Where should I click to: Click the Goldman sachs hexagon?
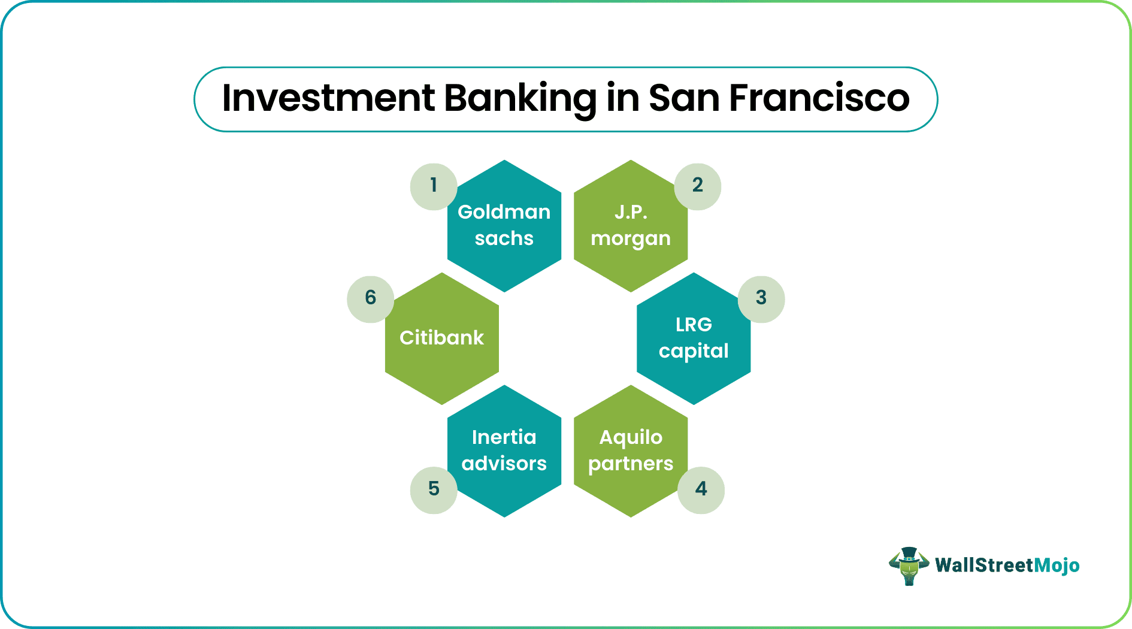click(x=504, y=226)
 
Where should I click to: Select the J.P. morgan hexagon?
click(x=631, y=226)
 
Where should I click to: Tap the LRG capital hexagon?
click(x=694, y=338)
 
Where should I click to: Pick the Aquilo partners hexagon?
click(x=631, y=451)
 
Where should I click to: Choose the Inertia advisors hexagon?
click(x=504, y=451)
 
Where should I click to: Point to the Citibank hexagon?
click(x=442, y=338)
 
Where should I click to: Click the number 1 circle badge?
click(x=434, y=186)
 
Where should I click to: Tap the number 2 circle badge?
click(x=698, y=186)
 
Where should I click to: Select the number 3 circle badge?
click(x=761, y=299)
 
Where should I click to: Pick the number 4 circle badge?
click(x=701, y=490)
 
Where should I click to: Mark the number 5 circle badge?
click(x=434, y=490)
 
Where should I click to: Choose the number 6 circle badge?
click(x=371, y=299)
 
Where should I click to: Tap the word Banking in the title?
click(x=520, y=99)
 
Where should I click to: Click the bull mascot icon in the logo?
click(x=909, y=566)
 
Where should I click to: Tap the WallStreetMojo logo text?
click(x=1007, y=566)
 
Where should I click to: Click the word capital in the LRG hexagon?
click(x=694, y=351)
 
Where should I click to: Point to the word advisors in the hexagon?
click(x=504, y=463)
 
